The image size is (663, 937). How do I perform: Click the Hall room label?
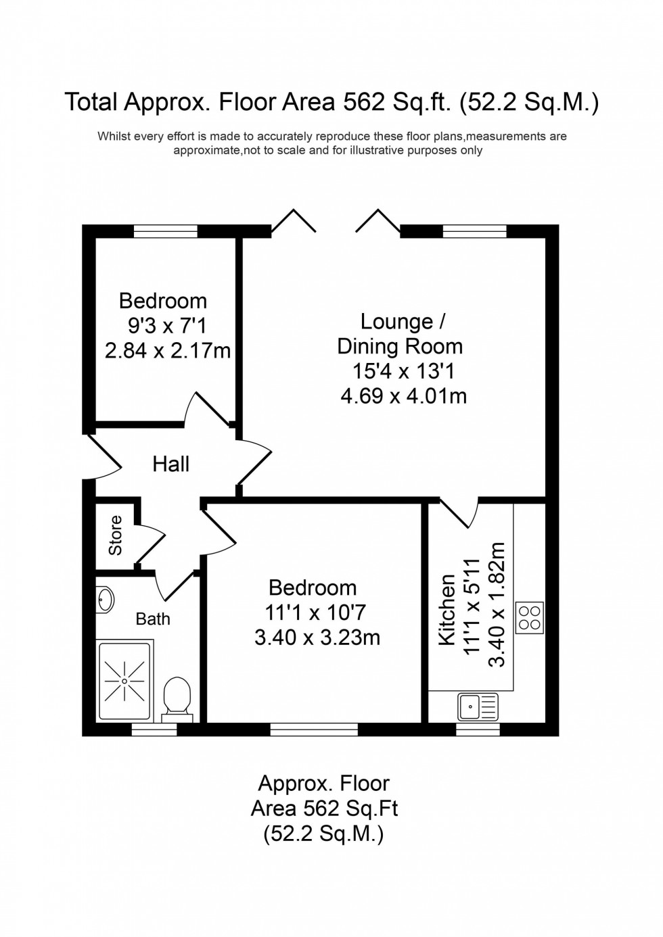point(170,464)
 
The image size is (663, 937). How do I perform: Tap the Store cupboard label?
point(116,535)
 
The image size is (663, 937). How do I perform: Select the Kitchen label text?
point(447,610)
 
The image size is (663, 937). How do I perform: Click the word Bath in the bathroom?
point(153,619)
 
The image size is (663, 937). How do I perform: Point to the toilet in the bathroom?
point(178,697)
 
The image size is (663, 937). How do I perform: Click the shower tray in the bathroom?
point(124,681)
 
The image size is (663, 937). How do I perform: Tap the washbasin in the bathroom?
point(106,599)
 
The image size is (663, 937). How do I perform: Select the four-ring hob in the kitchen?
point(530,617)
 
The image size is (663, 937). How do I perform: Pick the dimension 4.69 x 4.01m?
point(403,395)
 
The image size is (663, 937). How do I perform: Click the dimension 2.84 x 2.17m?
point(168,351)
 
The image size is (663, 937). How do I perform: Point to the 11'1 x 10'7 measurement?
point(315,612)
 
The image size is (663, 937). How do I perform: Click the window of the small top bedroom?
point(166,231)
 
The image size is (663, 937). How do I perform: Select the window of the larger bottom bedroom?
point(314,729)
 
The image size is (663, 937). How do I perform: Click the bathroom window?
point(154,729)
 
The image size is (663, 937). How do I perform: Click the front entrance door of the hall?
point(101,455)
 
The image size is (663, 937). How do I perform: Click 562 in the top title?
point(365,102)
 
